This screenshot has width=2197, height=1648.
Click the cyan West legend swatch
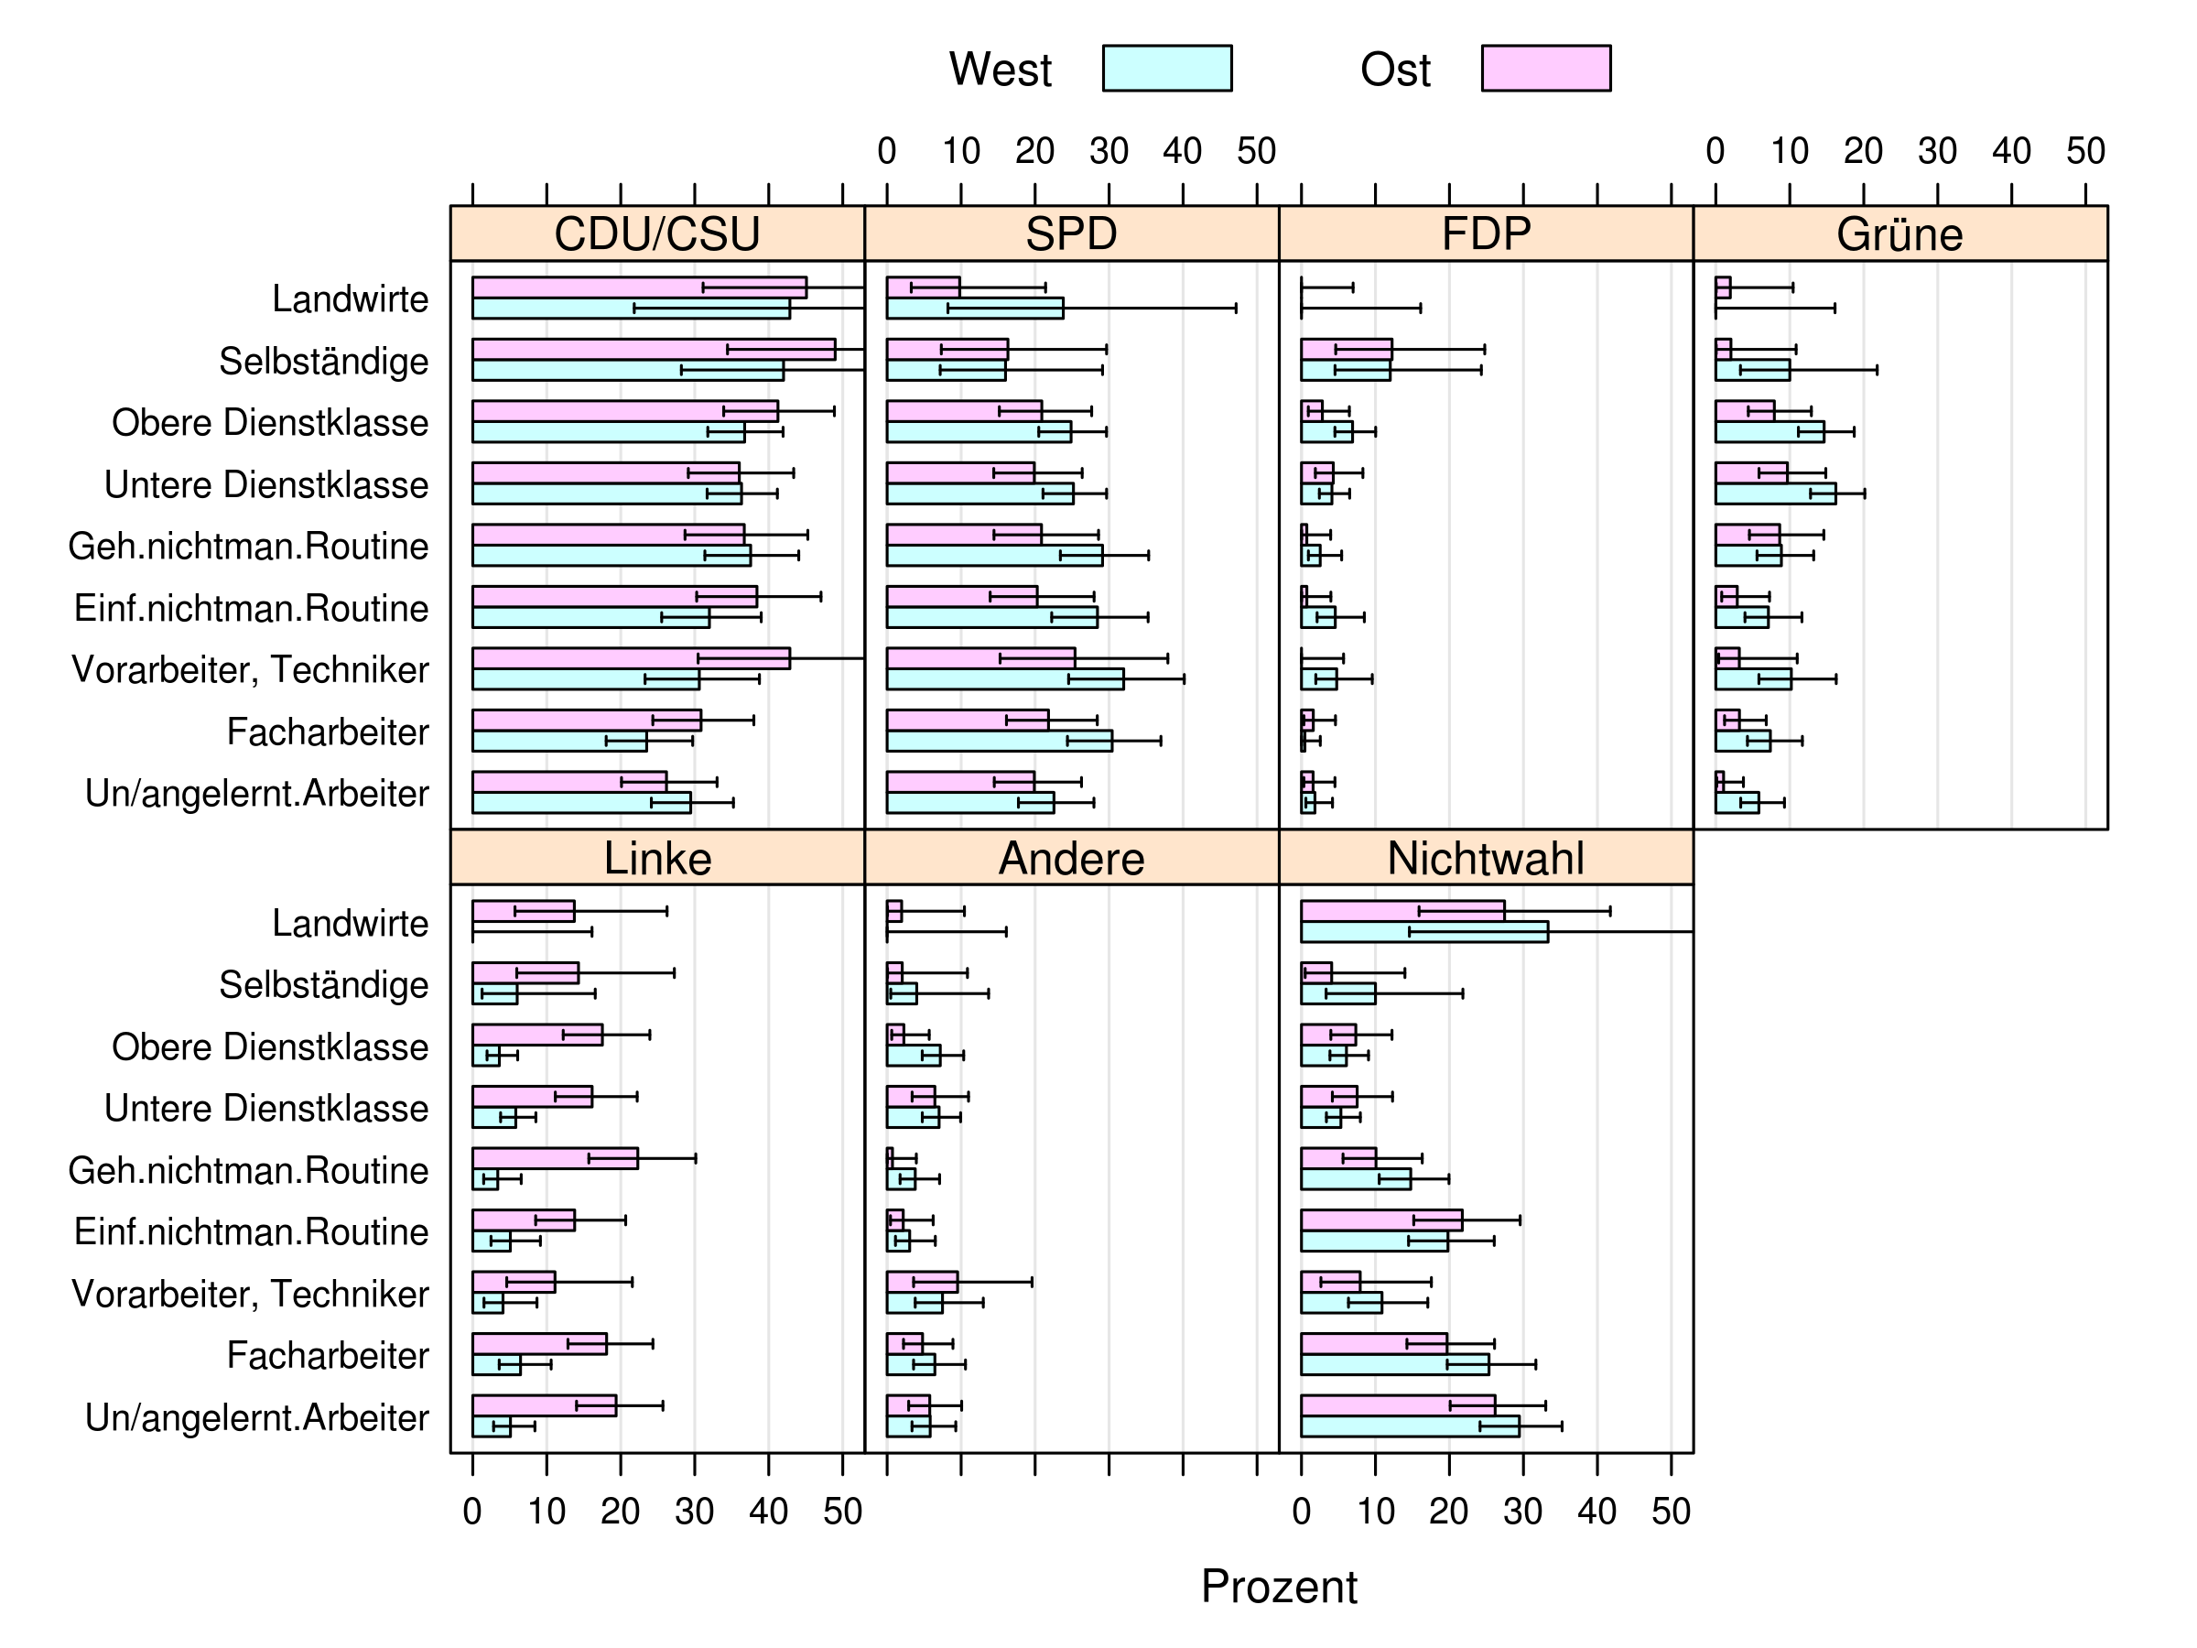tap(1167, 69)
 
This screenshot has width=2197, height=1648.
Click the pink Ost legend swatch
tap(1545, 69)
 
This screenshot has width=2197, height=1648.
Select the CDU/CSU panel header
tap(656, 234)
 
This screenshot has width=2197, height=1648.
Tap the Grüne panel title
tap(1899, 234)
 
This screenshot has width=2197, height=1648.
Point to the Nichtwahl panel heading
tap(1485, 858)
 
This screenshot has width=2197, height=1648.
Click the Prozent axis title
tap(1278, 1587)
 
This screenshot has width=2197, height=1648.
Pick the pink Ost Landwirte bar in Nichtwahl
tap(1402, 911)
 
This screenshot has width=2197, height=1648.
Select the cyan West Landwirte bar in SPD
tap(973, 308)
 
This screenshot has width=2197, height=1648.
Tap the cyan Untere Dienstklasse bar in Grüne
tap(1775, 493)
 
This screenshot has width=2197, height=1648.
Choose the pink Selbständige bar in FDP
tap(1346, 350)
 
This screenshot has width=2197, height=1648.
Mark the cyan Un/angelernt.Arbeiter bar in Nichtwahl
tap(1410, 1426)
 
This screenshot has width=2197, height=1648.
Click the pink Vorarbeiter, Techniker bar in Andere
tap(922, 1282)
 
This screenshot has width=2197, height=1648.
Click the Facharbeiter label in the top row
tap(327, 732)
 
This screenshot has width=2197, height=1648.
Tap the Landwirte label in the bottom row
tap(350, 923)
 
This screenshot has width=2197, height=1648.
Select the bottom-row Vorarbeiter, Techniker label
tap(249, 1294)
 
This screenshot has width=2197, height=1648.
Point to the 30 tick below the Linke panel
tap(694, 1511)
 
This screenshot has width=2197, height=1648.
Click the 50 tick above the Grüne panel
tap(2084, 151)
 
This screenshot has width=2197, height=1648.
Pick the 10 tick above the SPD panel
tap(960, 151)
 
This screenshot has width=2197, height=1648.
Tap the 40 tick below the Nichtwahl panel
tap(1596, 1511)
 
